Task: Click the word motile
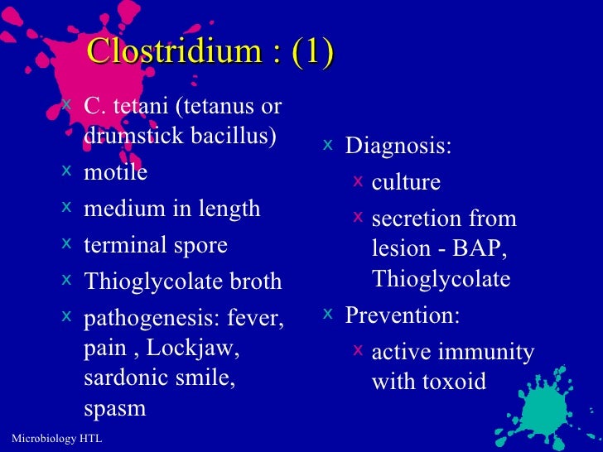[115, 172]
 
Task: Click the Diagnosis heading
[398, 147]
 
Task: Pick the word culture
[406, 182]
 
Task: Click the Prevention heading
[403, 315]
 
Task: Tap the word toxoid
[452, 382]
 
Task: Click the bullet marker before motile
[66, 171]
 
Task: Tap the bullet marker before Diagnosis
[328, 145]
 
